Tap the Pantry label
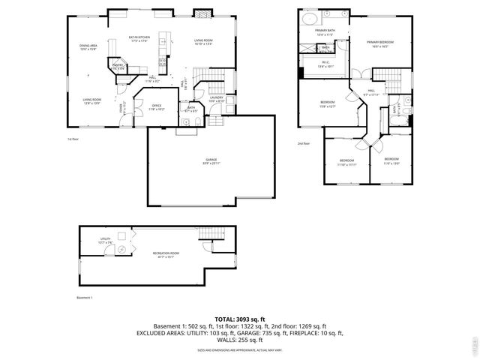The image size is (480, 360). click(x=118, y=67)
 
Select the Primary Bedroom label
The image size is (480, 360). click(x=380, y=43)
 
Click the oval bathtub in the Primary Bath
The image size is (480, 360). click(x=310, y=17)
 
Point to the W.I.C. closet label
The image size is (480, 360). click(x=325, y=64)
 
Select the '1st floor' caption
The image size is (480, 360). click(x=72, y=139)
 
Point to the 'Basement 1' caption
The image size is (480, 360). click(x=85, y=298)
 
